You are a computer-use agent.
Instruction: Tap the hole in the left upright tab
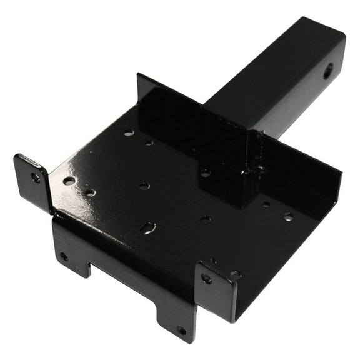pyautogui.click(x=36, y=177)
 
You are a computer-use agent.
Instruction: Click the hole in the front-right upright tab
pyautogui.click(x=207, y=279)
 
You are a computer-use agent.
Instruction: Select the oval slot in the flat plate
pyautogui.click(x=147, y=228)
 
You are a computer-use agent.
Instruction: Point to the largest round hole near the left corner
pyautogui.click(x=69, y=181)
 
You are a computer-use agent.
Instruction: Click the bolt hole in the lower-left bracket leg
pyautogui.click(x=64, y=256)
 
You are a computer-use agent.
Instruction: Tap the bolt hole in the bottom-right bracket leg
pyautogui.click(x=181, y=329)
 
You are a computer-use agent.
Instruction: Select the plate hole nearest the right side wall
pyautogui.click(x=287, y=217)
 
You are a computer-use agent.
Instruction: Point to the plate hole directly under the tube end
pyautogui.click(x=205, y=173)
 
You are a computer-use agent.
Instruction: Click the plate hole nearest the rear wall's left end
pyautogui.click(x=128, y=132)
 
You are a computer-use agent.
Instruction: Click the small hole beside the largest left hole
pyautogui.click(x=91, y=192)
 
